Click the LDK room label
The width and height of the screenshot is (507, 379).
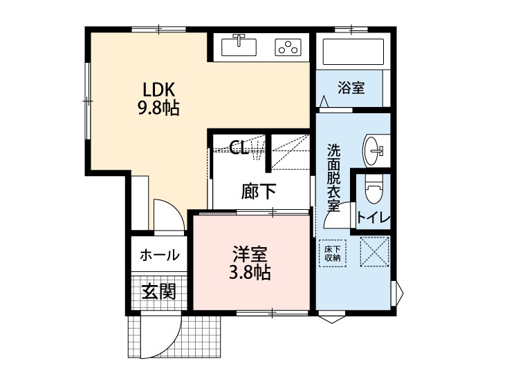pyautogui.click(x=160, y=90)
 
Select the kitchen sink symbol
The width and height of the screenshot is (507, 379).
pyautogui.click(x=239, y=46)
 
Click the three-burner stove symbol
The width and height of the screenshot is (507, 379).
pyautogui.click(x=289, y=47)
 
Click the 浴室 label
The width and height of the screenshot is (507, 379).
pyautogui.click(x=351, y=88)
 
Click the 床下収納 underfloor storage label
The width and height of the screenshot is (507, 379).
pyautogui.click(x=333, y=253)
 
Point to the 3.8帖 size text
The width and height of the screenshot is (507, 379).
pyautogui.click(x=249, y=273)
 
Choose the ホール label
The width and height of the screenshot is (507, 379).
pyautogui.click(x=160, y=255)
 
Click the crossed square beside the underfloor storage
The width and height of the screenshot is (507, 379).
pyautogui.click(x=374, y=252)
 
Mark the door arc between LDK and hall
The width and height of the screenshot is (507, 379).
pyautogui.click(x=169, y=213)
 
